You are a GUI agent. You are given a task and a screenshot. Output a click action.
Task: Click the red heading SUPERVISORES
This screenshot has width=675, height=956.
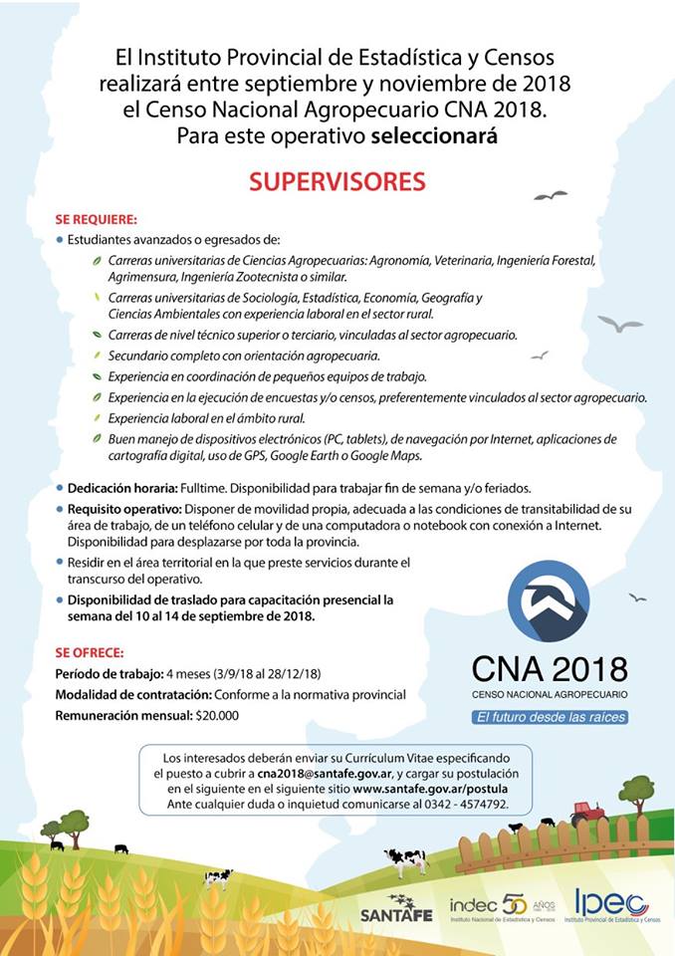[x=337, y=182]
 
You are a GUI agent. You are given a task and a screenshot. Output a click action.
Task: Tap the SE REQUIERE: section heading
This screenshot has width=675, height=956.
[x=97, y=219]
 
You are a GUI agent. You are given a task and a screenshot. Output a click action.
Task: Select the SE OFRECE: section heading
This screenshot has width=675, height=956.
[x=91, y=652]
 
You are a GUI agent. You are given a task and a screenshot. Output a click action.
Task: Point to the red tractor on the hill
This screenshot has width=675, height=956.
[x=587, y=813]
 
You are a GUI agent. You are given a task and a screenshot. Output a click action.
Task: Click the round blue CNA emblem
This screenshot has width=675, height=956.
[x=549, y=600]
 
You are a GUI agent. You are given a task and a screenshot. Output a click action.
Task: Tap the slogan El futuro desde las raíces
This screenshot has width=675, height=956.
[x=550, y=717]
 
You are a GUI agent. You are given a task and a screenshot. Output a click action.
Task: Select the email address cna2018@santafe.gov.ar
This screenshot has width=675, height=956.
[x=319, y=773]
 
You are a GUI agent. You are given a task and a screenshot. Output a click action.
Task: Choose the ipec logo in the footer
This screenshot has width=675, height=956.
[x=611, y=906]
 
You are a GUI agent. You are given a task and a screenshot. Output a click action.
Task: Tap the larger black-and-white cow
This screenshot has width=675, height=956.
[x=406, y=859]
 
